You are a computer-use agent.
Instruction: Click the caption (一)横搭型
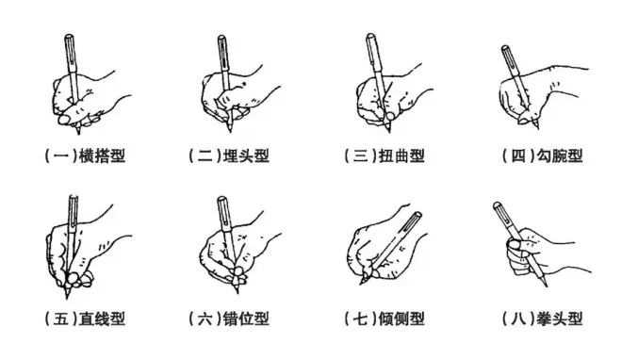click(85, 155)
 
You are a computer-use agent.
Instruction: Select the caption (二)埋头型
click(229, 155)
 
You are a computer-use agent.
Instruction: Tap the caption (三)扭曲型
click(385, 155)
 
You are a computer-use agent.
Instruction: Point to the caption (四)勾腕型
click(542, 155)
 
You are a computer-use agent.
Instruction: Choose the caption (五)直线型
click(85, 319)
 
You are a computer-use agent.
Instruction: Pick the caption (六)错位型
click(229, 319)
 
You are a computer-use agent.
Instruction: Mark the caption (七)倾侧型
click(385, 319)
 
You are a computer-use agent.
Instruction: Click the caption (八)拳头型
click(542, 319)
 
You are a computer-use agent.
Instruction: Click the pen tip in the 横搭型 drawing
click(78, 133)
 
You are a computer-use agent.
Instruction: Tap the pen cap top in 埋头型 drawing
click(221, 37)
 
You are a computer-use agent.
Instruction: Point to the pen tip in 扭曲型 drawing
click(389, 131)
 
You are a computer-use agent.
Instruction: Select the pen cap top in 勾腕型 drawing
click(505, 47)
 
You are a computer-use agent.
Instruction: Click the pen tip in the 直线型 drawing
click(67, 298)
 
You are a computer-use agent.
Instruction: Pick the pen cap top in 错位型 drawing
click(222, 198)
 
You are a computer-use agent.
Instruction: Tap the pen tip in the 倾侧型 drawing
click(361, 283)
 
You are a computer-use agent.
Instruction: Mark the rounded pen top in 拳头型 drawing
click(497, 205)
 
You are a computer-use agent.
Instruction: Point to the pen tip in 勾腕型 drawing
click(538, 127)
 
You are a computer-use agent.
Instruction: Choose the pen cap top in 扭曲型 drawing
click(370, 36)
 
